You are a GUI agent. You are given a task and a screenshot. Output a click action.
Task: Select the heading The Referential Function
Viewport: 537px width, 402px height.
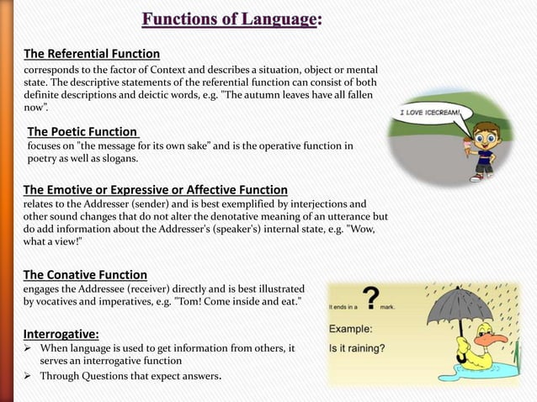[91, 54]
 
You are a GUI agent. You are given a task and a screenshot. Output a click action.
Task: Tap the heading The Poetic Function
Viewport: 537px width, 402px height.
[82, 131]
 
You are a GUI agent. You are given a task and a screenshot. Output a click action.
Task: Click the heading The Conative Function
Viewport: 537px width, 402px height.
[85, 274]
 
